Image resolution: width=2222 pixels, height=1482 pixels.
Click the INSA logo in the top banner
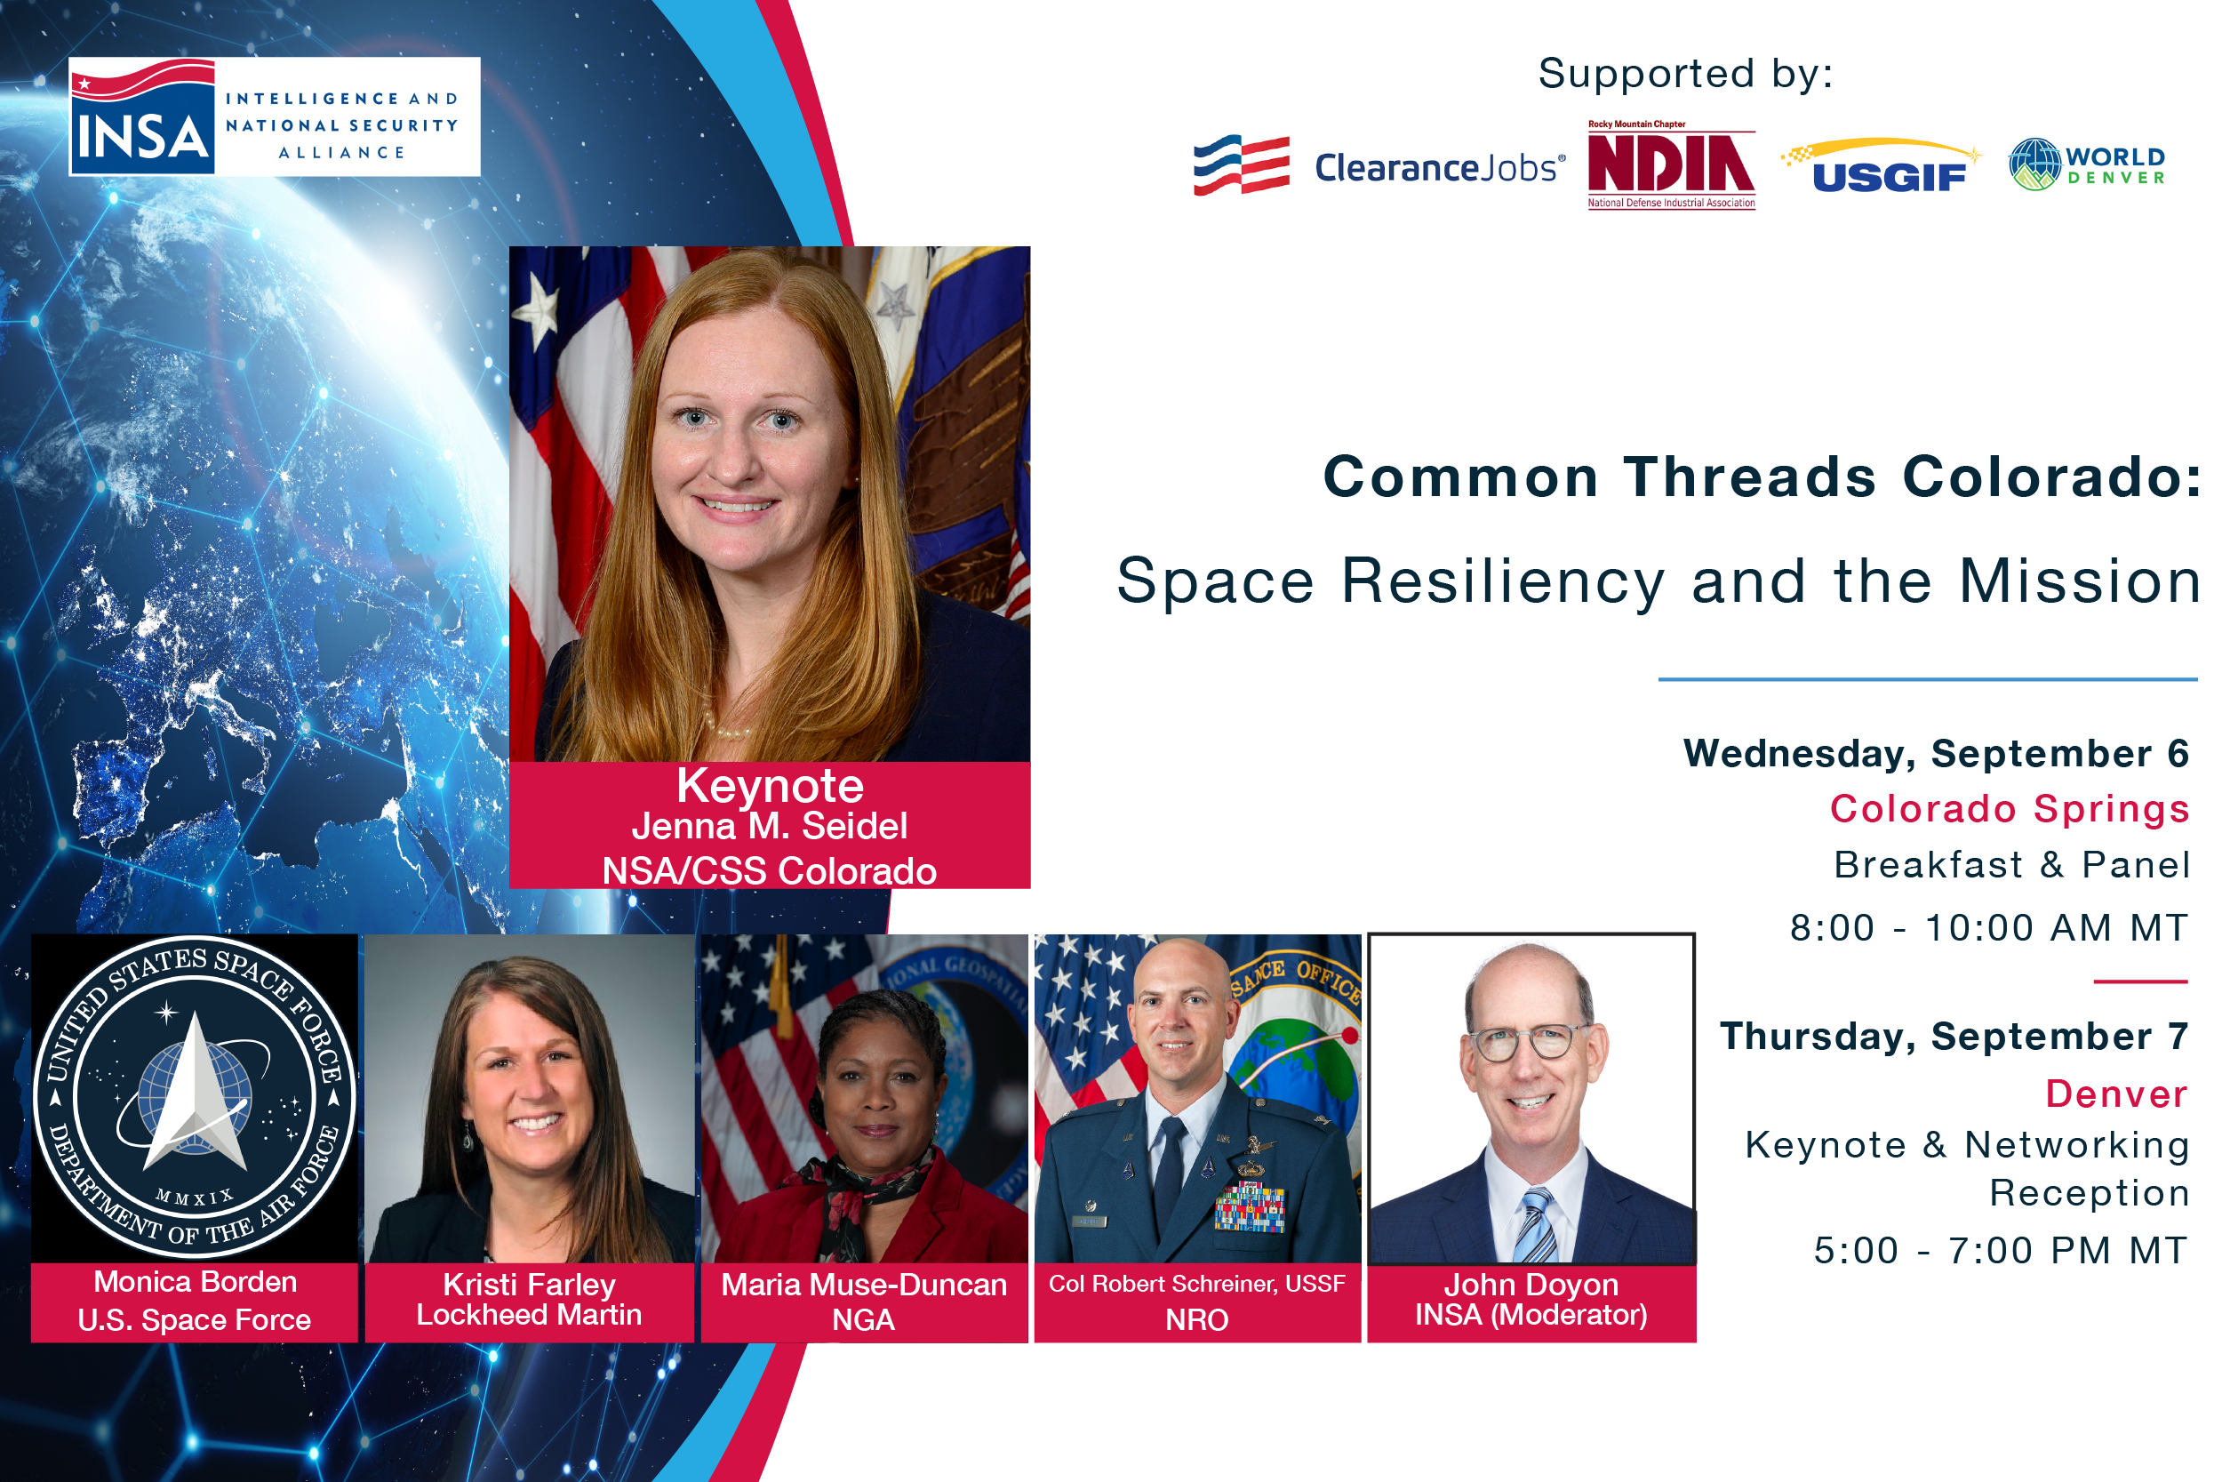click(x=274, y=116)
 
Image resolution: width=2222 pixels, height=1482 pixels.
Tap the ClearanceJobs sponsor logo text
click(x=1439, y=167)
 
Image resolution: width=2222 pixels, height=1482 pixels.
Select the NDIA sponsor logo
click(x=1671, y=164)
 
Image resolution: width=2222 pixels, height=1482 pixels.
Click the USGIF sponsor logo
click(x=1881, y=165)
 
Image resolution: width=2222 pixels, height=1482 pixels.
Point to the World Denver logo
click(x=2087, y=164)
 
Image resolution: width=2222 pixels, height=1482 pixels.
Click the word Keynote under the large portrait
click(x=770, y=785)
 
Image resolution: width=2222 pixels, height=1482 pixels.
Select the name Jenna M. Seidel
click(x=770, y=826)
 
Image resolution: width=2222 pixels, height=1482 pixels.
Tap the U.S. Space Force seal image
click(x=195, y=1097)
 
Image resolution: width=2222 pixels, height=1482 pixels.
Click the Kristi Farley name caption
click(x=529, y=1285)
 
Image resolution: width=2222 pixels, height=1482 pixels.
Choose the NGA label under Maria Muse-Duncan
click(x=864, y=1319)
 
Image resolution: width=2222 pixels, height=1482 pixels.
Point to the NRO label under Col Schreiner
click(x=1197, y=1319)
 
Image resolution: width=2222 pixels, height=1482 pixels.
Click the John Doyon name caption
click(x=1531, y=1285)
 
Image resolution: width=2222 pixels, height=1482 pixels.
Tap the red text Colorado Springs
click(x=2010, y=809)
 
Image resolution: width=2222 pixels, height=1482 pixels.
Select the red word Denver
click(x=2117, y=1093)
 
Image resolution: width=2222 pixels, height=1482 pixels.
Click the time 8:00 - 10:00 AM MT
click(x=1990, y=928)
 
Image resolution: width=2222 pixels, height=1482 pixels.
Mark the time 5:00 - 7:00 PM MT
click(x=2001, y=1251)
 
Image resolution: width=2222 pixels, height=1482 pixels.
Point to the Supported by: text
click(x=1686, y=74)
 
